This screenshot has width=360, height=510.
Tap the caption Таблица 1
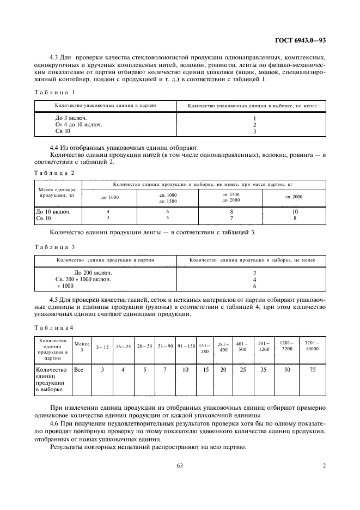coord(54,93)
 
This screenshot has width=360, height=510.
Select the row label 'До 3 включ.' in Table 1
coord(71,118)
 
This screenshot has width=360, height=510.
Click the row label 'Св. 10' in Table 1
coord(63,131)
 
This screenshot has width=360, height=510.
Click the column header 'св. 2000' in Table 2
coord(294,197)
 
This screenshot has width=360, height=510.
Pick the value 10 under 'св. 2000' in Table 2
coord(295,211)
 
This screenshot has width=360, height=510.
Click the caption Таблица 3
coord(54,247)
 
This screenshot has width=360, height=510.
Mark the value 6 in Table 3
coord(254,286)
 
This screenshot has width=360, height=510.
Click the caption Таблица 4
coord(54,327)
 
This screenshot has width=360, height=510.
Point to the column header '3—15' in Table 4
coord(102,347)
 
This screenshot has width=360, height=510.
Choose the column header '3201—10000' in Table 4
coord(311,347)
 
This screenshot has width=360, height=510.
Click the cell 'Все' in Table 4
coord(78,369)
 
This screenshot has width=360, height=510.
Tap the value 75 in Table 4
coord(311,369)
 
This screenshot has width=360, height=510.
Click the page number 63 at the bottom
coord(180,465)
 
